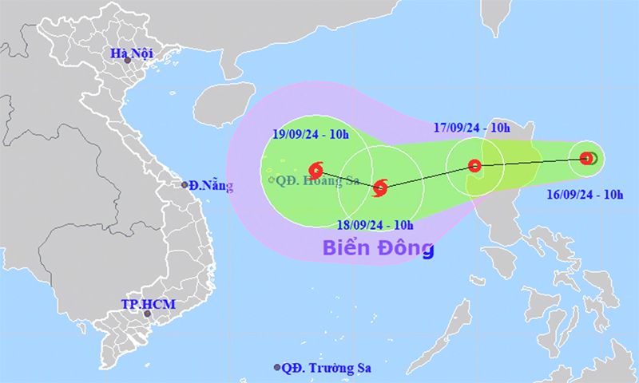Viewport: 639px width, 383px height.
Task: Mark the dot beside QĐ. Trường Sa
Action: pyautogui.click(x=277, y=368)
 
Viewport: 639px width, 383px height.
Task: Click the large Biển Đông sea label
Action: pyautogui.click(x=378, y=247)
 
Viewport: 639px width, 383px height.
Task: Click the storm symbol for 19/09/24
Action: pyautogui.click(x=315, y=168)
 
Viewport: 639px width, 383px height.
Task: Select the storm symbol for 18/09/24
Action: pyautogui.click(x=380, y=188)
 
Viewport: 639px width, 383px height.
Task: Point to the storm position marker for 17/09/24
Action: pyautogui.click(x=474, y=166)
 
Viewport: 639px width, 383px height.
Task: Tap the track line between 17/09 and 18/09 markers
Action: pyautogui.click(x=427, y=176)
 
